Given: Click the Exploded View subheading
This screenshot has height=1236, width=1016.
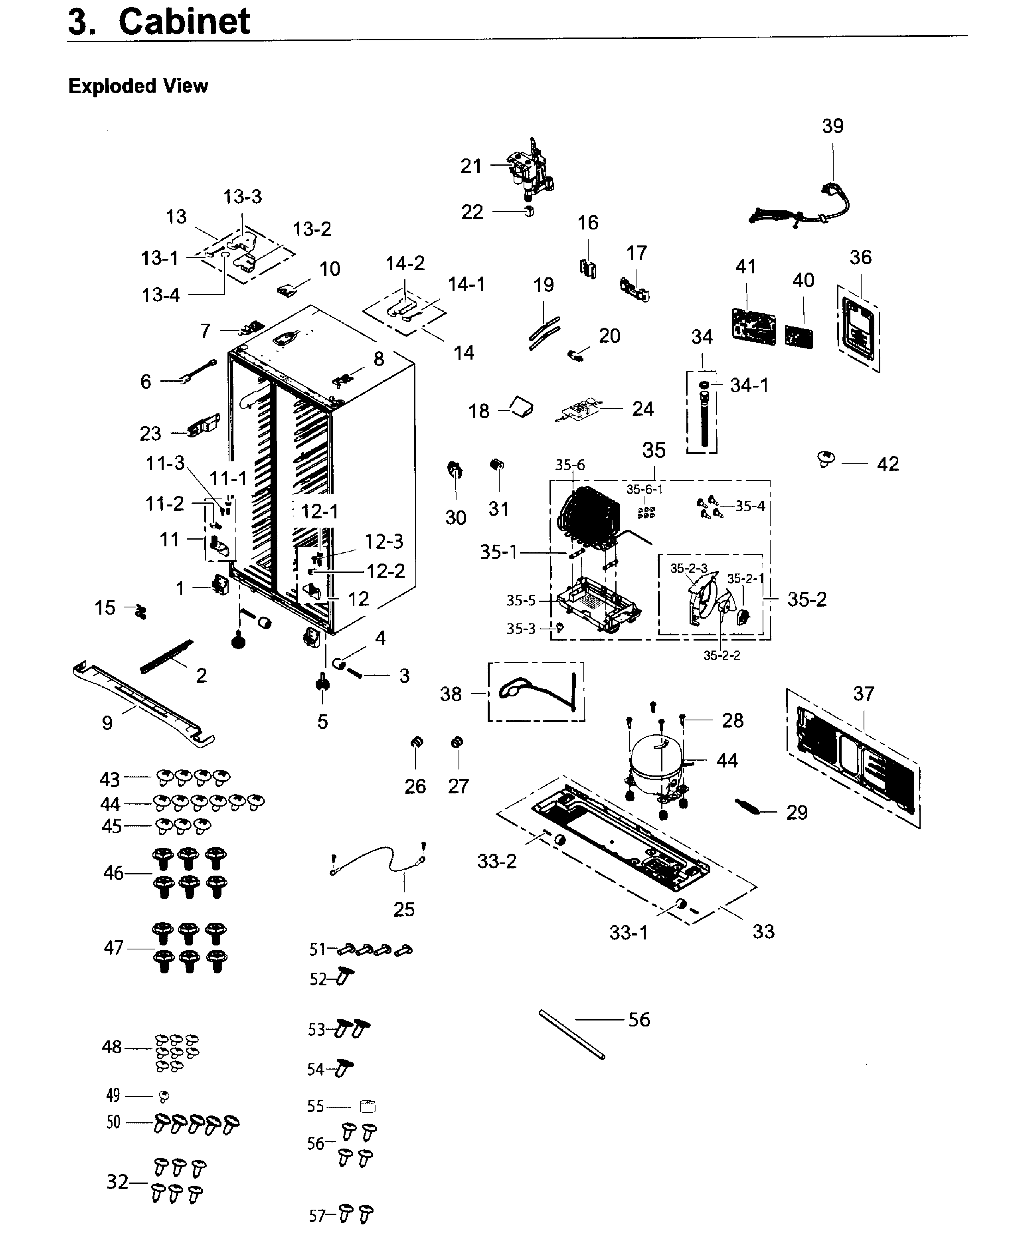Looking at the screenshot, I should [x=138, y=86].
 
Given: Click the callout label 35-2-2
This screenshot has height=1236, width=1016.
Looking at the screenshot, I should [x=721, y=655].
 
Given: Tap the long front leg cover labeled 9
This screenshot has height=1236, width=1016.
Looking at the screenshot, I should [x=143, y=705].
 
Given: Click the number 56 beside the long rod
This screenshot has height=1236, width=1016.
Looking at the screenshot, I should [x=639, y=1019].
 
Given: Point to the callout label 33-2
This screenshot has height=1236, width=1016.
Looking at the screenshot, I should [x=497, y=862].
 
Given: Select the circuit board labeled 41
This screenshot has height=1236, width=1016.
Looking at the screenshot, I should [x=754, y=326].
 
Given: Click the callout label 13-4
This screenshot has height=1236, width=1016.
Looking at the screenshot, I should [x=160, y=295].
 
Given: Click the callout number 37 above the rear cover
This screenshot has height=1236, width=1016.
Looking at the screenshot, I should [x=863, y=694].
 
